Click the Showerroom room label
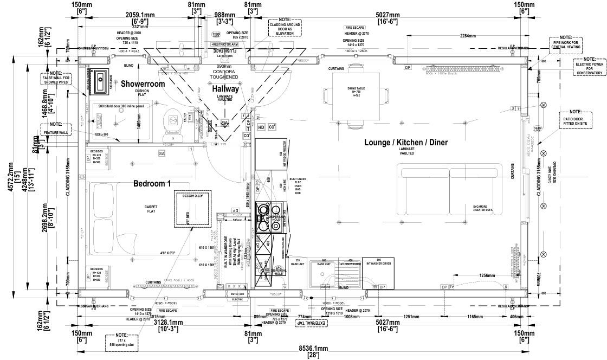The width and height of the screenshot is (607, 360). pyautogui.click(x=143, y=84)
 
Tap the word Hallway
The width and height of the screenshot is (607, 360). pyautogui.click(x=225, y=89)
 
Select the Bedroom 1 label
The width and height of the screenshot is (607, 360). pyautogui.click(x=152, y=184)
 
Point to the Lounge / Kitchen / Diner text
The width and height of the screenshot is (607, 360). pyautogui.click(x=406, y=143)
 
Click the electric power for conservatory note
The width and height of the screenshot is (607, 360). pyautogui.click(x=590, y=67)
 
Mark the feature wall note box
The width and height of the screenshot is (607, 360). pyautogui.click(x=56, y=128)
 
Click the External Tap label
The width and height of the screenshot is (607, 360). pyautogui.click(x=311, y=323)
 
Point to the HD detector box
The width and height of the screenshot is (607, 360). pyautogui.click(x=261, y=127)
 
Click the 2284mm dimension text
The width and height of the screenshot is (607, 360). pyautogui.click(x=468, y=36)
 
